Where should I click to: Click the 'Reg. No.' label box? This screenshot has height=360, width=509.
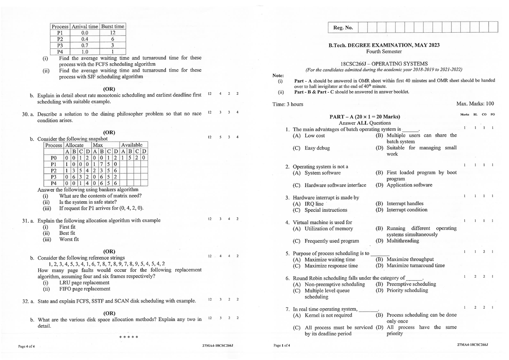(343, 28)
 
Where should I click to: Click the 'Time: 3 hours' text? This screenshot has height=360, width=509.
(288, 104)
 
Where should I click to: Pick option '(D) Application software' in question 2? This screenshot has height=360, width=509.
(404, 185)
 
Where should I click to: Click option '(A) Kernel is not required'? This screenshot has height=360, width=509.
(322, 315)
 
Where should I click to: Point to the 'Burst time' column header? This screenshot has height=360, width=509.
(112, 26)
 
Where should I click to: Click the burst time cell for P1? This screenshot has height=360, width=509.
(112, 32)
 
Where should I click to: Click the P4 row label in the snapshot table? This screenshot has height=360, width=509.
(53, 183)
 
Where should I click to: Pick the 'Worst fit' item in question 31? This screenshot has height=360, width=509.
(69, 239)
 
